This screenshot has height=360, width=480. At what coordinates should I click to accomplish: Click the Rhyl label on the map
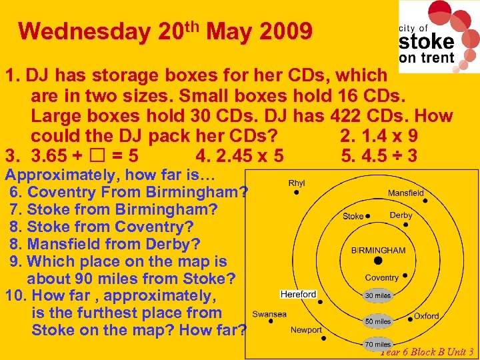(297, 183)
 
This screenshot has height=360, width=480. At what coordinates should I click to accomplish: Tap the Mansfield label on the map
(405, 193)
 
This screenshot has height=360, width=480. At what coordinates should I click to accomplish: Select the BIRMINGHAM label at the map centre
(378, 250)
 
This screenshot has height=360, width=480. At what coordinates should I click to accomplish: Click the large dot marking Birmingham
(378, 261)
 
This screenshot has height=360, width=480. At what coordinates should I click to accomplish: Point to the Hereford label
(299, 294)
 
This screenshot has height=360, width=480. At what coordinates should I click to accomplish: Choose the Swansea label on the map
(269, 314)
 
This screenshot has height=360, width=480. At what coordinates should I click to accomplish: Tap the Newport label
(306, 330)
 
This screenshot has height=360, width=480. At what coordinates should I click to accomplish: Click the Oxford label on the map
(426, 316)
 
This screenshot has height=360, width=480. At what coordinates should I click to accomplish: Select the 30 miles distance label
(378, 295)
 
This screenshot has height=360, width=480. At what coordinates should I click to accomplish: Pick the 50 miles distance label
(378, 321)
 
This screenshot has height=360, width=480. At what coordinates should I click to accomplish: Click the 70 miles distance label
(378, 344)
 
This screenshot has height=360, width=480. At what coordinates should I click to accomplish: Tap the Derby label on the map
(401, 215)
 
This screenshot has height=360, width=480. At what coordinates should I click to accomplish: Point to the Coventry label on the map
(382, 277)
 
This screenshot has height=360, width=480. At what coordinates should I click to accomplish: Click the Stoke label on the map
(353, 216)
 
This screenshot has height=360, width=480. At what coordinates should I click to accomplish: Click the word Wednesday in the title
(85, 31)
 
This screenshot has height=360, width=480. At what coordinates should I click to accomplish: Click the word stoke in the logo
(427, 41)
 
